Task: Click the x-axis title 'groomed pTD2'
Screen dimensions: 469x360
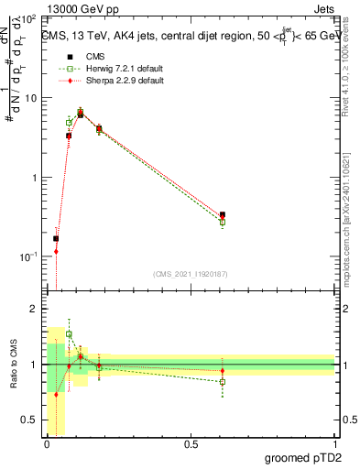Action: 304,457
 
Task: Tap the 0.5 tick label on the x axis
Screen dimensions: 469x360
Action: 191,444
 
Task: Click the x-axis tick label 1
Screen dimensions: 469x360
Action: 334,444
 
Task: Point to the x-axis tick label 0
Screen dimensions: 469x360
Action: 47,444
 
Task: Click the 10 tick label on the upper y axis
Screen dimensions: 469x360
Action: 29,98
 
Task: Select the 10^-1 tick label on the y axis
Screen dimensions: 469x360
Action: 27,256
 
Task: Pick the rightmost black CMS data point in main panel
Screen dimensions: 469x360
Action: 223,214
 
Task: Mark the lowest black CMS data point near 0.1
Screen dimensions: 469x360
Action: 56,239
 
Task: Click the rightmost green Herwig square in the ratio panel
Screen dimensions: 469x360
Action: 223,382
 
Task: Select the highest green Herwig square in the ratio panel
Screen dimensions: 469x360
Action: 69,334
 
